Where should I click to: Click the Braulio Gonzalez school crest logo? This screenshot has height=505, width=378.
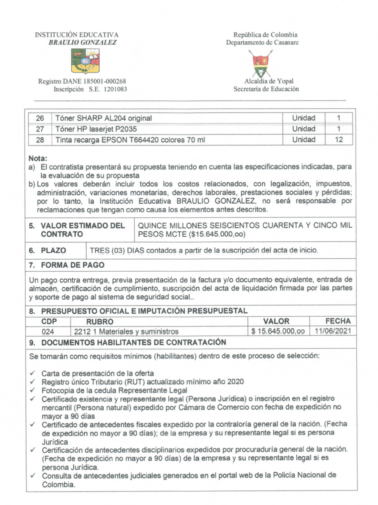click(x=85, y=61)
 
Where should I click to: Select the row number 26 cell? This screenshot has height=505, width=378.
click(x=40, y=118)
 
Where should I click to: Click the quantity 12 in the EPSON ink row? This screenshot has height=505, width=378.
click(x=339, y=140)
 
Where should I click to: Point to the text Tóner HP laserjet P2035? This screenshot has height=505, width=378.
click(x=96, y=129)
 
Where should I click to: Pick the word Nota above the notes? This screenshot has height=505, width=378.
click(x=37, y=158)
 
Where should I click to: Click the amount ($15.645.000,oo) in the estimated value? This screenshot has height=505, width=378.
click(x=217, y=234)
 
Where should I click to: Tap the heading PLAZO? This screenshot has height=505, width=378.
click(x=53, y=251)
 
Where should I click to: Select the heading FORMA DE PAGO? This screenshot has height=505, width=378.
click(x=72, y=265)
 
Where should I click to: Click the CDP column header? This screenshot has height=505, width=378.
click(x=49, y=322)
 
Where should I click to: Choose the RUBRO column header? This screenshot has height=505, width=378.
click(x=100, y=322)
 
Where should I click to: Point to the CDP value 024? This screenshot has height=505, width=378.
click(x=48, y=331)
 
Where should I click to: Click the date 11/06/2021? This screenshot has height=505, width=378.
click(x=332, y=331)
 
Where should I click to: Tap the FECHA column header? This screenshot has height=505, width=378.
click(x=338, y=321)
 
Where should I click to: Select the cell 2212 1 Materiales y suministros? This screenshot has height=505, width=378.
click(x=126, y=331)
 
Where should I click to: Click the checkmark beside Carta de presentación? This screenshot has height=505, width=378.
click(x=33, y=373)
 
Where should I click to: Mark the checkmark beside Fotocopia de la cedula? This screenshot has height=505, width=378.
click(x=33, y=390)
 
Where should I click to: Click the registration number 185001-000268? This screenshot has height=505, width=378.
click(x=105, y=81)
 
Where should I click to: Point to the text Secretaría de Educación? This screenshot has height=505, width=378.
click(x=266, y=89)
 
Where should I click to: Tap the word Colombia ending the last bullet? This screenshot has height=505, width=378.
click(x=58, y=485)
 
